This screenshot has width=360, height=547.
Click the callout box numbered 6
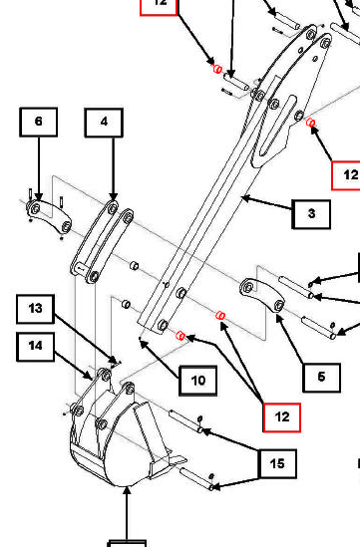point(39,122)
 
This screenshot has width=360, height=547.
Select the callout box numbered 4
point(104,123)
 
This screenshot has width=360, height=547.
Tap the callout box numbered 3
point(311,214)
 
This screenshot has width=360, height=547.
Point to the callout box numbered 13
point(35,309)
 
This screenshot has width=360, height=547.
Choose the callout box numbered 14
point(35,347)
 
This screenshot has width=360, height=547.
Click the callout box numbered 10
point(198,381)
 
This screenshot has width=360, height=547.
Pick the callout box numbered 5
point(321,378)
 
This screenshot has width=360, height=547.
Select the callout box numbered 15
point(277,463)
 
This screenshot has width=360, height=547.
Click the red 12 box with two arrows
point(282,417)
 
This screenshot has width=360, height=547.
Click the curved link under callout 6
point(49,216)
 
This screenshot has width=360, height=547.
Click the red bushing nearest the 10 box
point(180,336)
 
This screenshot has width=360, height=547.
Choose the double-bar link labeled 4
point(102,242)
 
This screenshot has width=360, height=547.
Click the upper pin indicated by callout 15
point(186,421)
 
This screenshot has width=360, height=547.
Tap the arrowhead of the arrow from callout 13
point(113,360)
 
